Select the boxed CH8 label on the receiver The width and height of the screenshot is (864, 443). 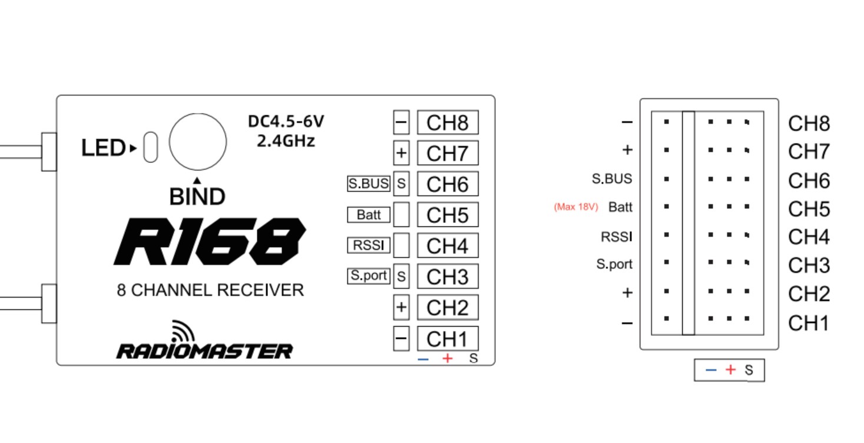tap(448, 122)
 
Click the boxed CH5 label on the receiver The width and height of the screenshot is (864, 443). tap(448, 215)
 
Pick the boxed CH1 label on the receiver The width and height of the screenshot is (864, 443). tap(448, 339)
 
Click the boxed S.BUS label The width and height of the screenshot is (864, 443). tap(369, 184)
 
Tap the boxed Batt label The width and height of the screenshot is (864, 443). tap(369, 215)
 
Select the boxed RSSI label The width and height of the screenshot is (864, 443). tap(369, 245)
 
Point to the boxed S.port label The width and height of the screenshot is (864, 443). tap(369, 276)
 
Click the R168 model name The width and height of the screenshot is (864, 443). tap(210, 242)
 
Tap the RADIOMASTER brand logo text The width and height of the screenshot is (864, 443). tap(204, 351)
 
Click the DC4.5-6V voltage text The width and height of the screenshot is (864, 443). tap(286, 121)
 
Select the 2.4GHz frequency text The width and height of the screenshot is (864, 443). tap(286, 141)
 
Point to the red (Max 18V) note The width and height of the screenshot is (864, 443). tap(576, 207)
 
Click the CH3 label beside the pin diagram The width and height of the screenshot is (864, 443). tap(809, 265)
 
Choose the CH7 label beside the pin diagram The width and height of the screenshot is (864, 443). tap(809, 151)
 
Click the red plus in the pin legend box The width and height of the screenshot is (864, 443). tap(730, 370)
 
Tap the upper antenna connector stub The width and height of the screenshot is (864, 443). tap(49, 152)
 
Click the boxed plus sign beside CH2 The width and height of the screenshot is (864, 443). tap(401, 307)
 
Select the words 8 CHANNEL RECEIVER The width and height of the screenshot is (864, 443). tap(210, 290)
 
